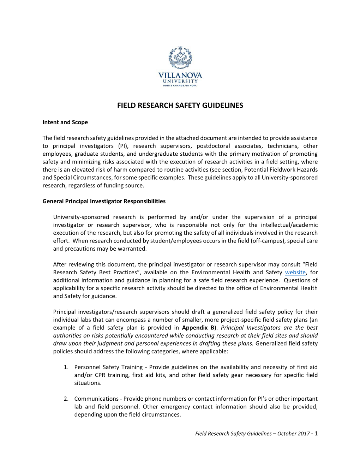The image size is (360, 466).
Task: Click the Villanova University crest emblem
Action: click(180, 58)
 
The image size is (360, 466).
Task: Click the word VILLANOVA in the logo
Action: click(180, 75)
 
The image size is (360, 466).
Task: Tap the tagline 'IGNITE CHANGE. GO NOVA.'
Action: click(180, 85)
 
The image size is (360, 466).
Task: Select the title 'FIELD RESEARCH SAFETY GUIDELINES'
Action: click(180, 105)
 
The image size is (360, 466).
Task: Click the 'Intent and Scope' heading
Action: click(65, 122)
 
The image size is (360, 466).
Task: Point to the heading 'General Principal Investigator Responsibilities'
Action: click(104, 201)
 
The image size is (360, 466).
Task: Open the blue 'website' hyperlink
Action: click(295, 272)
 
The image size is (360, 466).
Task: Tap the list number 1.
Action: click(66, 367)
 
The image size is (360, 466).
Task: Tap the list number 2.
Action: click(66, 399)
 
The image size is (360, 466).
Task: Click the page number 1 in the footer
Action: click(316, 434)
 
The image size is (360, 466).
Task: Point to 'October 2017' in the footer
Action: click(294, 434)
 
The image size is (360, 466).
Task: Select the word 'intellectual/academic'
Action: click(289, 225)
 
